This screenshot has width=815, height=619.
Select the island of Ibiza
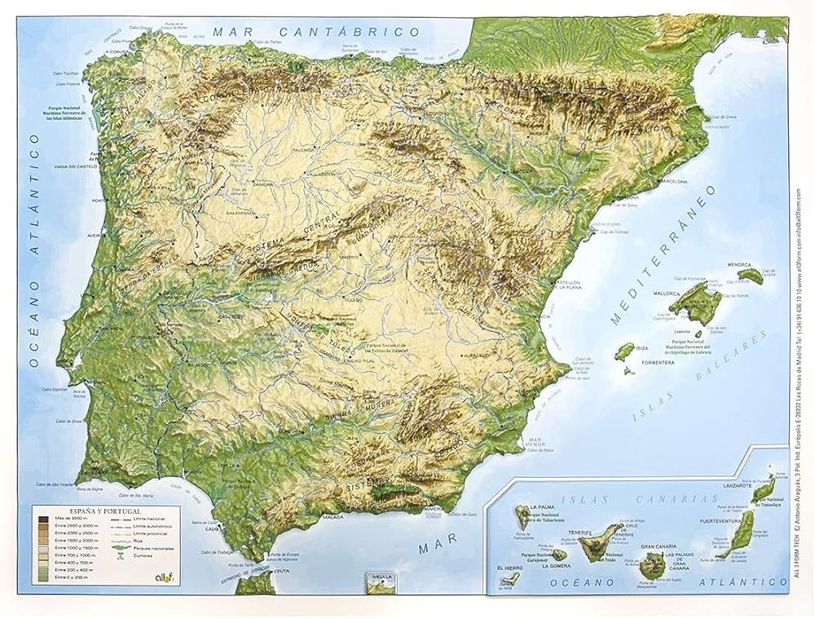point(625,350)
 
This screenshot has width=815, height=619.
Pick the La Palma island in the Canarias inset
point(520,516)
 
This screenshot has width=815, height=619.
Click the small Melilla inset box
point(381,582)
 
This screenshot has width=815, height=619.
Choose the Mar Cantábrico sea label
point(310,32)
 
